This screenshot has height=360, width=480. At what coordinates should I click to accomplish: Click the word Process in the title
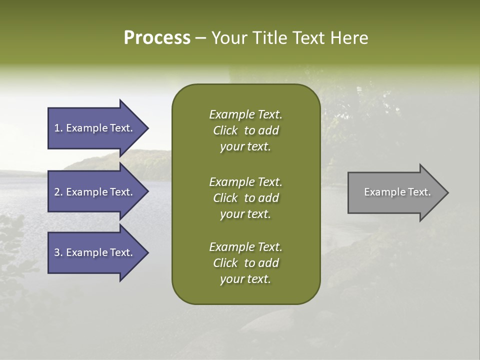click(157, 37)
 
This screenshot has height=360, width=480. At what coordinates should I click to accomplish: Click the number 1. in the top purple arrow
click(58, 128)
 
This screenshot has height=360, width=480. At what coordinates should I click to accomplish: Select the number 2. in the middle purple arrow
click(58, 192)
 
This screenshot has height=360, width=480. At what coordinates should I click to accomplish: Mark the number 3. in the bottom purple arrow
click(58, 252)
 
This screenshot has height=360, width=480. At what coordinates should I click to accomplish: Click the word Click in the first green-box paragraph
click(225, 130)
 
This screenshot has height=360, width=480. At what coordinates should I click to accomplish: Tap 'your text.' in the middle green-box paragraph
click(245, 214)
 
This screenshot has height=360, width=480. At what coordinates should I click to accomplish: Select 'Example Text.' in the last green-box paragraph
click(245, 247)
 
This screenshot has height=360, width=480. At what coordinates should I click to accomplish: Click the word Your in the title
click(230, 37)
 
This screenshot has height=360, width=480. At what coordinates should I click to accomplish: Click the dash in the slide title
click(200, 38)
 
